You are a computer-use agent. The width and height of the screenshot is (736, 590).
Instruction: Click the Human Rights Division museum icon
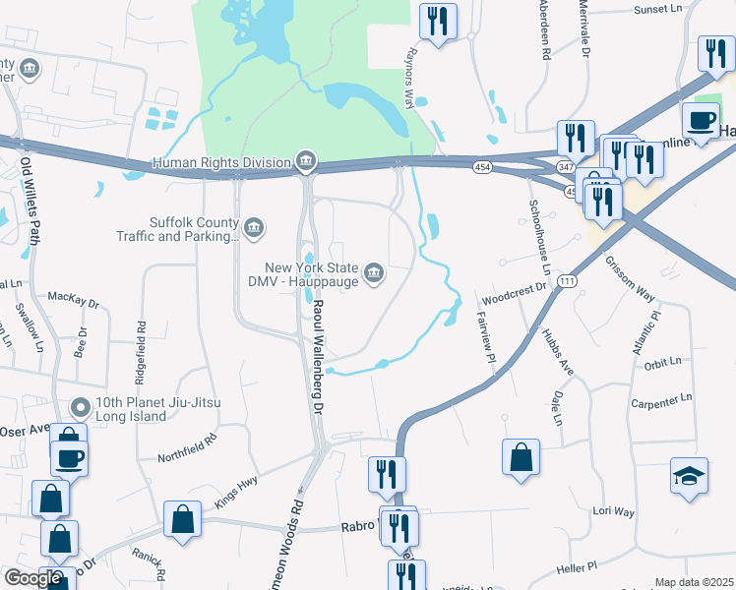tap(306, 160)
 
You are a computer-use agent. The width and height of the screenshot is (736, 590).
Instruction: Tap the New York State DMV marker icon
tap(374, 272)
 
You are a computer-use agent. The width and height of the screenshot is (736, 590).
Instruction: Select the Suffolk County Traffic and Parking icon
tap(255, 228)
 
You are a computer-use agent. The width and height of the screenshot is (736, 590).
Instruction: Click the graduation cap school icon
tap(688, 477)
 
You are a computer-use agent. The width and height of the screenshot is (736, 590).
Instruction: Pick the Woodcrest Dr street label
tap(514, 292)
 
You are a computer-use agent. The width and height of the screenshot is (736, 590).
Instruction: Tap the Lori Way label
tap(613, 511)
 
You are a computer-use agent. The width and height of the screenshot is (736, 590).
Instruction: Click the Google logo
tap(32, 578)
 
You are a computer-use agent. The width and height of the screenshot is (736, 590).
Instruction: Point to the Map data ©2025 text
tap(694, 582)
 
